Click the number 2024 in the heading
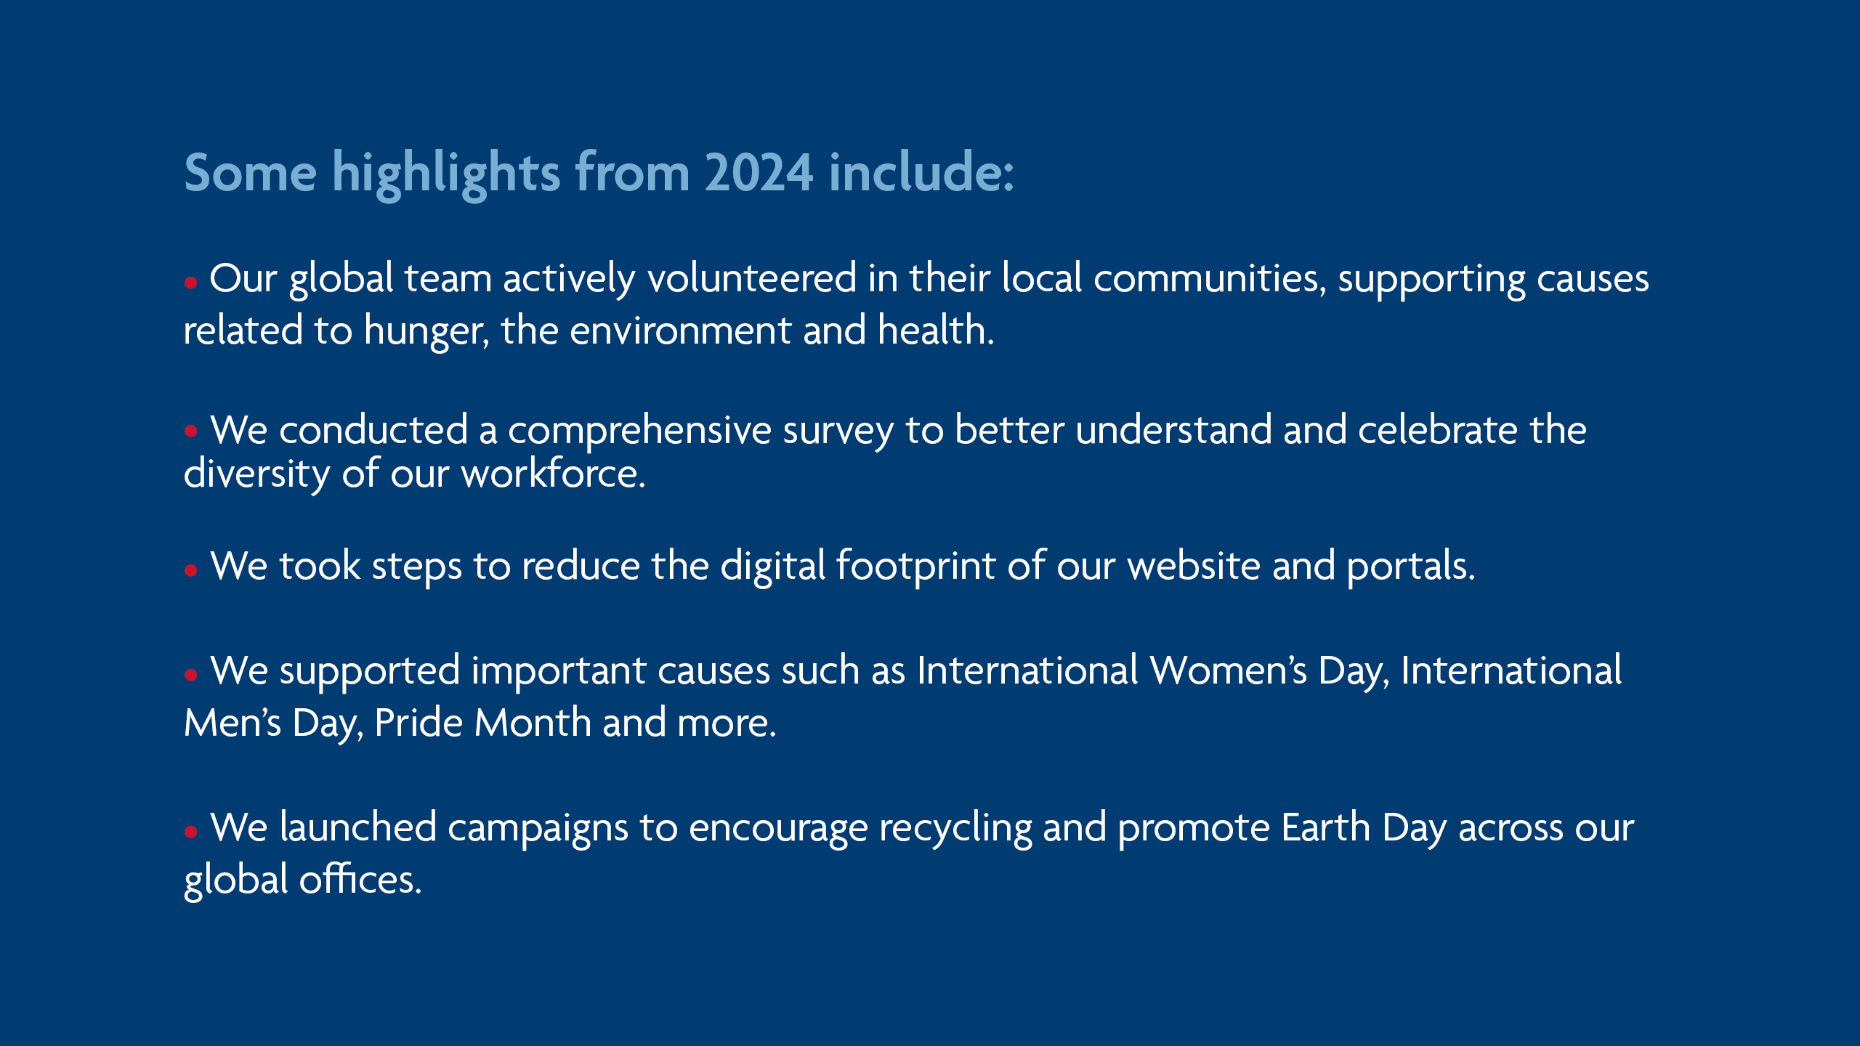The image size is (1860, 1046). pyautogui.click(x=759, y=173)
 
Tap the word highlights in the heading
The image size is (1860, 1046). pyautogui.click(x=445, y=174)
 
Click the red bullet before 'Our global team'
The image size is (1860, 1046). pyautogui.click(x=191, y=283)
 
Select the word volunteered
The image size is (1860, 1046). pyautogui.click(x=752, y=278)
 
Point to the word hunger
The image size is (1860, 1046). pyautogui.click(x=426, y=332)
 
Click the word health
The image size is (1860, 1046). pyautogui.click(x=935, y=331)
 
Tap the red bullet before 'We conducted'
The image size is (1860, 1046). pyautogui.click(x=191, y=431)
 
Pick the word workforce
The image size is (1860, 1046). pyautogui.click(x=553, y=474)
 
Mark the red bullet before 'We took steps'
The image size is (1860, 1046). pyautogui.click(x=191, y=570)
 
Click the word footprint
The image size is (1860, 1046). pyautogui.click(x=915, y=566)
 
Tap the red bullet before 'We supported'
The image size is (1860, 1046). pyautogui.click(x=191, y=675)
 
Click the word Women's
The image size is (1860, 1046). pyautogui.click(x=1228, y=670)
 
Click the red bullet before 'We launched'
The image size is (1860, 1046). pyautogui.click(x=191, y=832)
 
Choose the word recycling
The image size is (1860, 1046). pyautogui.click(x=955, y=829)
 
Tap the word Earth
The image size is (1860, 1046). pyautogui.click(x=1325, y=827)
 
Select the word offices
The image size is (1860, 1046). pyautogui.click(x=360, y=879)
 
